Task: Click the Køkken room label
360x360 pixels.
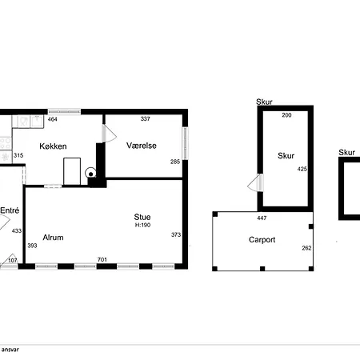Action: click(53, 146)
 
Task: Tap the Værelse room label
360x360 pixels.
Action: click(142, 146)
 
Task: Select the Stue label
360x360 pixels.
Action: click(142, 217)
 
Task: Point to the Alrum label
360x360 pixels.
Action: click(53, 238)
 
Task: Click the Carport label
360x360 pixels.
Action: click(262, 240)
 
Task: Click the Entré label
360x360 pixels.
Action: click(10, 210)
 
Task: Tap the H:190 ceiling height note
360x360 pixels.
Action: click(142, 225)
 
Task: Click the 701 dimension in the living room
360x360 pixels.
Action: click(102, 259)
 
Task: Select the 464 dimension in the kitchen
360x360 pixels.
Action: click(52, 119)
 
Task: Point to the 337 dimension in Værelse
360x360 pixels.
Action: click(146, 119)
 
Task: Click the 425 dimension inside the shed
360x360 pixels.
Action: click(302, 169)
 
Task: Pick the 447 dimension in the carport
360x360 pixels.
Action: click(262, 218)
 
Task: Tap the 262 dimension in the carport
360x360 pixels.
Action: click(306, 248)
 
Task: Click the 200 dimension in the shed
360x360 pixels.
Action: click(286, 115)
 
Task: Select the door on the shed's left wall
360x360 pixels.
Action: click(255, 182)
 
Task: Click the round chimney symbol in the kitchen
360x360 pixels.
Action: click(90, 173)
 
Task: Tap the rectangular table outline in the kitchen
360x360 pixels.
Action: click(72, 171)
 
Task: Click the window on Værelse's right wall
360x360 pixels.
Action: click(185, 143)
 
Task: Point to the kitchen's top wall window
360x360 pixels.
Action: click(64, 111)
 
